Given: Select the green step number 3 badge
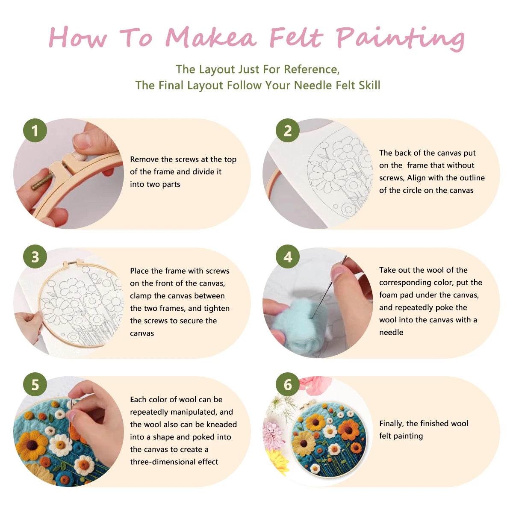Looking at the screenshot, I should point(35,257).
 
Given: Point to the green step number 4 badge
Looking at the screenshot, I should point(288,257).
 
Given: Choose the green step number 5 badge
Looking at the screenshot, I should point(35,384).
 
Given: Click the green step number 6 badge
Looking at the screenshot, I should point(288,384).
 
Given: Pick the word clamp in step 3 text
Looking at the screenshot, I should point(141,296).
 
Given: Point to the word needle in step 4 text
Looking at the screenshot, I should point(391,332).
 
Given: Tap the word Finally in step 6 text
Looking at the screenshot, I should point(392,424).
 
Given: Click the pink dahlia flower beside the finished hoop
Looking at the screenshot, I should point(273,434).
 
